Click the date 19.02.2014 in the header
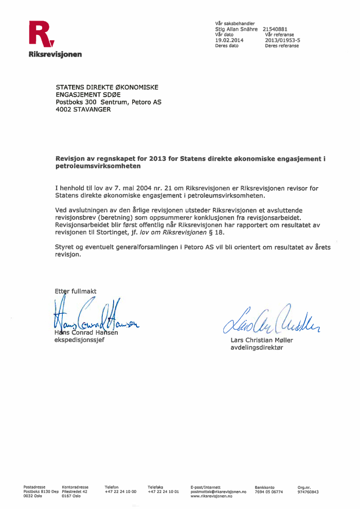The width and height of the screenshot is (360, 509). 229,40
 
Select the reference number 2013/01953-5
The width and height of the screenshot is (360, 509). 283,40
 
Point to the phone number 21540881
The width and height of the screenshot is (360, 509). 275,29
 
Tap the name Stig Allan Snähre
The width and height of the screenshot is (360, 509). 236,29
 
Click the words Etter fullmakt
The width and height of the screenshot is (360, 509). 75,292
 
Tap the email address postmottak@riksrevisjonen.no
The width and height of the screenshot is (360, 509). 219,492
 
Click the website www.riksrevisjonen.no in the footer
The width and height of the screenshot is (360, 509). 211,496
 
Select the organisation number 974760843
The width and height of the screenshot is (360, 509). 308,492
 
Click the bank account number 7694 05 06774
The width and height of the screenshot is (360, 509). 268,492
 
